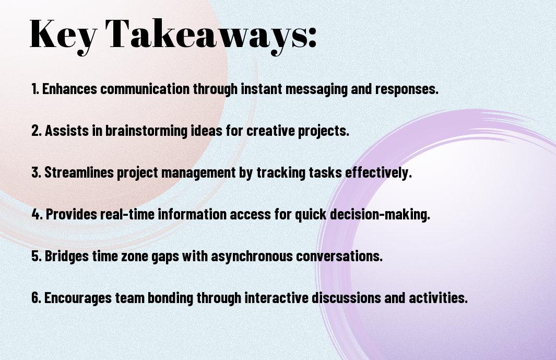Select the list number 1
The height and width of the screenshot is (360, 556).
(35, 89)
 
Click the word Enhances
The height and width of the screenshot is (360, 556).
(69, 89)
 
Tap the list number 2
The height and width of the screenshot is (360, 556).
(36, 131)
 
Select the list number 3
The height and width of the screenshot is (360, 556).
(36, 172)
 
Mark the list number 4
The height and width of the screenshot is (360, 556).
(37, 214)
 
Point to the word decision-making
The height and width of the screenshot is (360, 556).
(380, 215)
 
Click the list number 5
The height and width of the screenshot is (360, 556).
(37, 256)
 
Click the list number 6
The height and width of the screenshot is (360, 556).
(37, 297)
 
